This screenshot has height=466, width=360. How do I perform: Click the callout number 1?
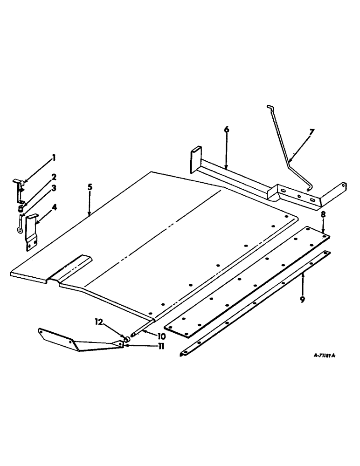tap(54, 158)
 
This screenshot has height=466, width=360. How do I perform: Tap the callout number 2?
tap(54, 177)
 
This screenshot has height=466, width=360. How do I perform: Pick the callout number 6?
tap(227, 130)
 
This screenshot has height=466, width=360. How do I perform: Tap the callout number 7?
tap(312, 132)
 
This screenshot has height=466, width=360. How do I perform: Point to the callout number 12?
tap(98, 322)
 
